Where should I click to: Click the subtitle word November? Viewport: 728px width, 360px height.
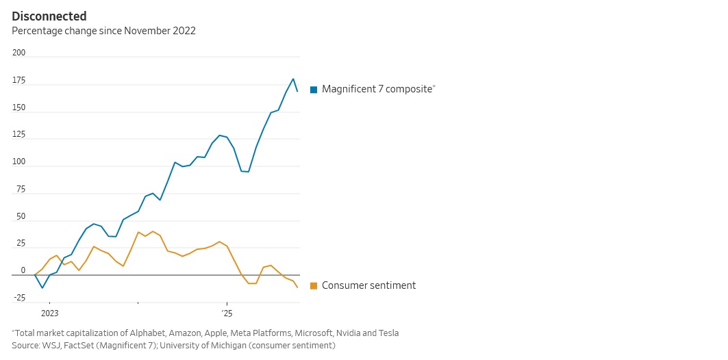click(x=146, y=31)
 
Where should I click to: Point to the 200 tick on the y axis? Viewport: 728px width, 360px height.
click(x=18, y=53)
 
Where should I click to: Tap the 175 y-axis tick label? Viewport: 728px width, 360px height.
click(x=18, y=81)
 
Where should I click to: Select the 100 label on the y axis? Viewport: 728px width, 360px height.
click(x=18, y=162)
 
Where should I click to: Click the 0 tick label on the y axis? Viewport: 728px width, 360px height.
click(x=23, y=271)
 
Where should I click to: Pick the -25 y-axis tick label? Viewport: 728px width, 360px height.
click(x=18, y=298)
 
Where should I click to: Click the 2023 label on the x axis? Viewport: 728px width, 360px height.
click(x=50, y=313)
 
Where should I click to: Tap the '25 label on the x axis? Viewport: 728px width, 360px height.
click(x=227, y=313)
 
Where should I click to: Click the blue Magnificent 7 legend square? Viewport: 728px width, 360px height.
click(x=314, y=90)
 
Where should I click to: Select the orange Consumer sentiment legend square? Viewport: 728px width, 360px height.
click(x=314, y=285)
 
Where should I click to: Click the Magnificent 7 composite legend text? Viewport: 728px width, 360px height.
click(x=377, y=90)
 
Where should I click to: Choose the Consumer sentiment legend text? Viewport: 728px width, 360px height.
click(x=368, y=285)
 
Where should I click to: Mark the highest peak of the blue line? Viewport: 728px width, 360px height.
click(x=293, y=79)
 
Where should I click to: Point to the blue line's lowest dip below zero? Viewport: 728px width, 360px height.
click(x=42, y=287)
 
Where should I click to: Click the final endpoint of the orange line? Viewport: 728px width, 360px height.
click(x=297, y=287)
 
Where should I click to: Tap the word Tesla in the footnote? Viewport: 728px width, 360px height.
click(x=387, y=333)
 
